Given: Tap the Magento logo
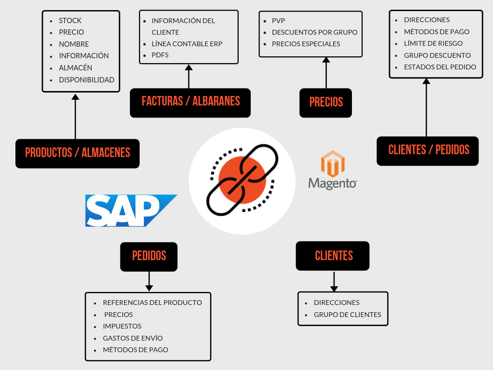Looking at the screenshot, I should [x=332, y=170].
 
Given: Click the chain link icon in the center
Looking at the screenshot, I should [x=242, y=181].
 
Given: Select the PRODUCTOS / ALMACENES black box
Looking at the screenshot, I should [x=78, y=153].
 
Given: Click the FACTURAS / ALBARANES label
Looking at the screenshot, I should [x=190, y=102].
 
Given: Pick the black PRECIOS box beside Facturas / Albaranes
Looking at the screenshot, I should [x=325, y=102].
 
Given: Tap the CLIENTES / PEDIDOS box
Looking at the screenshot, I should [x=428, y=150].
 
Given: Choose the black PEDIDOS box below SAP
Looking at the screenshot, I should [x=149, y=256].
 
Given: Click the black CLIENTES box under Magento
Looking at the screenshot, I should [x=333, y=256].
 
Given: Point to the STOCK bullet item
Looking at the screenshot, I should [x=70, y=21].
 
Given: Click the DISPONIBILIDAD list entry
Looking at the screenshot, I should [x=87, y=79].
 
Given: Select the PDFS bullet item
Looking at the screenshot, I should [x=160, y=55].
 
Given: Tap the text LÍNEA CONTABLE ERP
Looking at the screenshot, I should [x=187, y=44].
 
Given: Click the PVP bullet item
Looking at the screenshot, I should [x=279, y=21].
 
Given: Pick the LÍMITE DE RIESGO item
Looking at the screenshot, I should [x=433, y=43].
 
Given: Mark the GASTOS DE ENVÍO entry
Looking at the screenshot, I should [x=133, y=338].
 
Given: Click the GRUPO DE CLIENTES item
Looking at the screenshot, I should [x=347, y=315].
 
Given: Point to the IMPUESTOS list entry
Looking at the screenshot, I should [x=122, y=326].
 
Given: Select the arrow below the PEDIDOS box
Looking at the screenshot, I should [x=149, y=281].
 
